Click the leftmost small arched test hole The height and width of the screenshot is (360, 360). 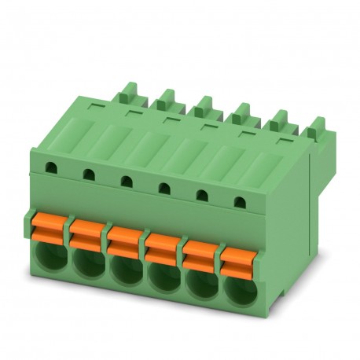tap(51, 167)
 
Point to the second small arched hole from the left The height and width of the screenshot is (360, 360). tap(89, 173)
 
